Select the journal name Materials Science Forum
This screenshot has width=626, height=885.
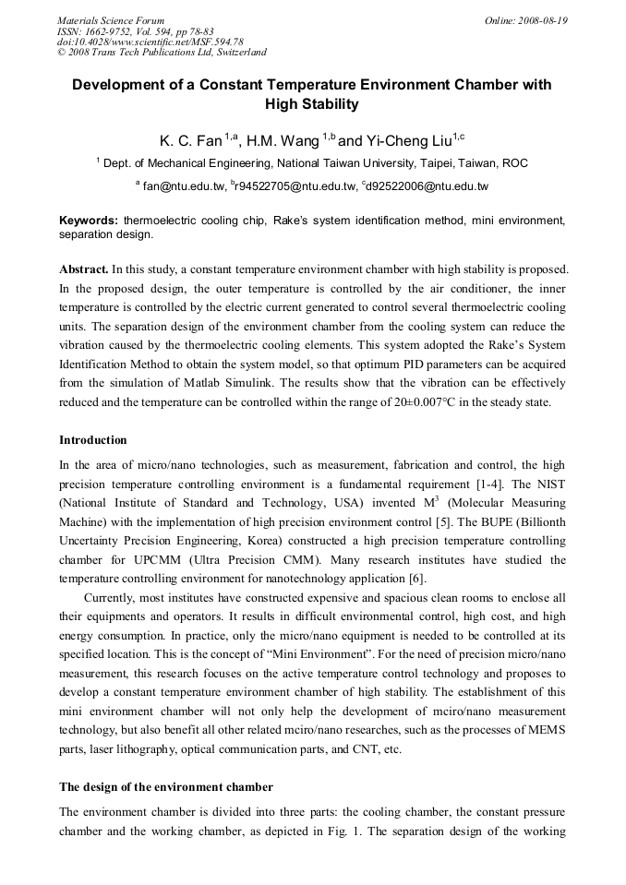click(111, 20)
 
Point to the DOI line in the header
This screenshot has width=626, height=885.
click(150, 42)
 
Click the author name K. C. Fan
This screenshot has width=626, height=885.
click(190, 141)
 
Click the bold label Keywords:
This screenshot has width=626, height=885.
click(89, 221)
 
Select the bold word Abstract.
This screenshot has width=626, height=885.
click(83, 269)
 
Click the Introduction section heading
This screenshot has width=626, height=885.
click(93, 440)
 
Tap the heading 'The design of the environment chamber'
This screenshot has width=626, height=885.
click(166, 787)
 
